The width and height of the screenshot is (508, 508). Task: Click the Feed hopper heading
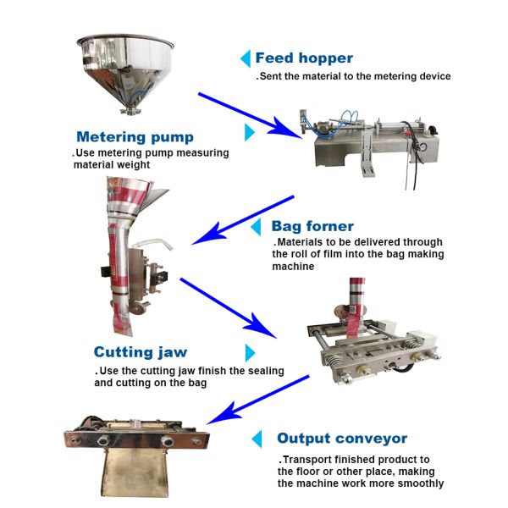(x=304, y=58)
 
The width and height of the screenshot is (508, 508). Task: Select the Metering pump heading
(x=135, y=137)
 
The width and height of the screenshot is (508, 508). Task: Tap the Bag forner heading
(x=312, y=226)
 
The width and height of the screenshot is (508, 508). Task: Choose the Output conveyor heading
(x=342, y=439)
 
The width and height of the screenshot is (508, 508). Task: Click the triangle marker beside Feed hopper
(x=245, y=58)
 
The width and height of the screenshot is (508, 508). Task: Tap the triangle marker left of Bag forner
(x=257, y=227)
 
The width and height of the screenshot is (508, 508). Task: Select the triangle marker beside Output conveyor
(x=257, y=439)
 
